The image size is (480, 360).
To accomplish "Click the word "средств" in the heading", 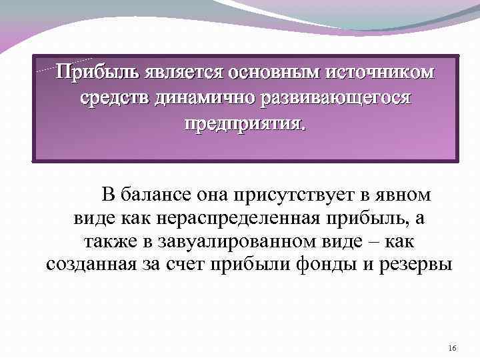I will [x=115, y=99].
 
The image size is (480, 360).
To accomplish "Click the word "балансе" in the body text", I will [x=157, y=195].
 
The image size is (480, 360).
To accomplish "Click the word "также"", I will [x=108, y=241].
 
